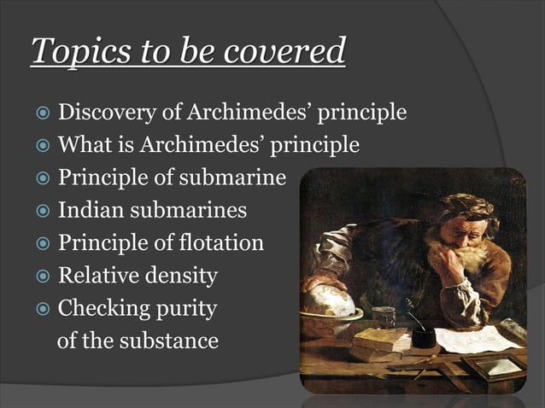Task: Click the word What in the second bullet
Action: click(x=83, y=145)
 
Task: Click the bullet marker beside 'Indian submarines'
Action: click(x=42, y=212)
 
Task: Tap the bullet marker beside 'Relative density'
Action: click(x=42, y=277)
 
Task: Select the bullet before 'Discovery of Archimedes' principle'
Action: click(x=42, y=114)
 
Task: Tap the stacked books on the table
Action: click(x=377, y=342)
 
